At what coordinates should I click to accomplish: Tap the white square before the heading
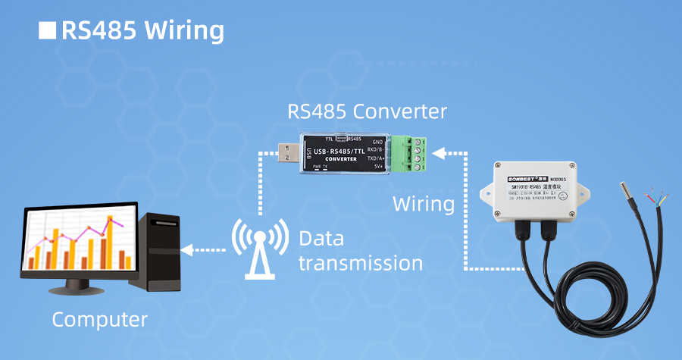47,30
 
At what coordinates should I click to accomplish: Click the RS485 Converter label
368,111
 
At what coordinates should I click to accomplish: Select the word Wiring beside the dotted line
424,204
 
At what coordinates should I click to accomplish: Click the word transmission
360,264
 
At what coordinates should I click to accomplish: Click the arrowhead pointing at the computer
187,249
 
